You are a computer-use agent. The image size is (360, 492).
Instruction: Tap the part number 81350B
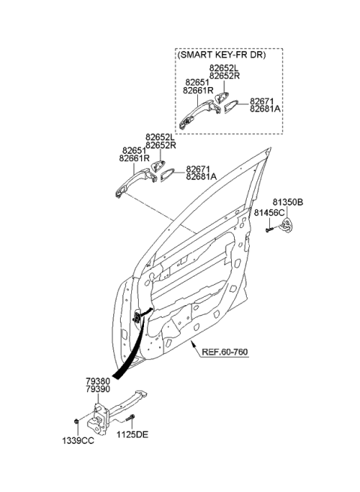click(x=287, y=202)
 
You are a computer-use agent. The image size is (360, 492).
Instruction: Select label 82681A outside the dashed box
click(x=201, y=176)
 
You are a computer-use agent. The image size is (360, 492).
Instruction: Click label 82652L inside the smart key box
click(x=224, y=67)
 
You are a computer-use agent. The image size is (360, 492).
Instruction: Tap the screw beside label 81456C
click(x=268, y=227)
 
